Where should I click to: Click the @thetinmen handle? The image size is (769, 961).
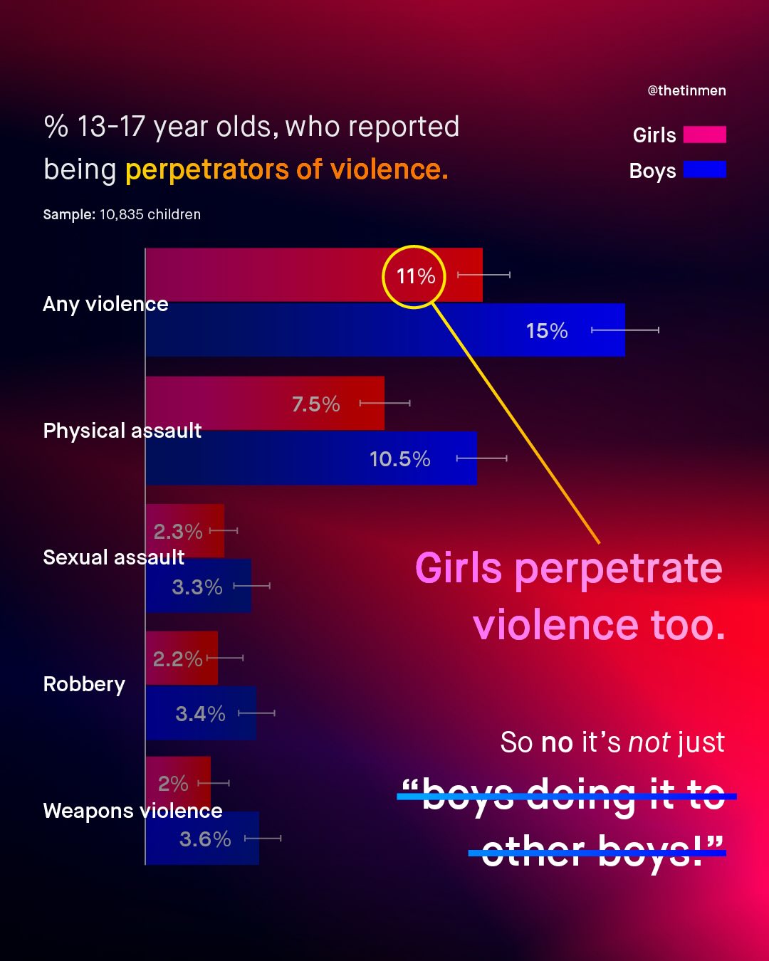click(686, 90)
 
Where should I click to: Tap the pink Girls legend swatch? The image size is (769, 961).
click(704, 135)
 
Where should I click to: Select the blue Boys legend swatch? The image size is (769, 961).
click(704, 169)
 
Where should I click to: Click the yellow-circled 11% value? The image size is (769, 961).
click(415, 276)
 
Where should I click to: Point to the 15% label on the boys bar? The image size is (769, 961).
click(546, 331)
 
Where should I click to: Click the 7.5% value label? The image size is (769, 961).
click(315, 404)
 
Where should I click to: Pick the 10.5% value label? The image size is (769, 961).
click(399, 459)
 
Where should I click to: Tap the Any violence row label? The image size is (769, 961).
click(105, 304)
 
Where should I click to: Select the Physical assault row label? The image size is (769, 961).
click(122, 431)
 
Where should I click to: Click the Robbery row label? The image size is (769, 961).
click(84, 684)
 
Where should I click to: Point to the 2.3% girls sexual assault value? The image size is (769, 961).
click(178, 532)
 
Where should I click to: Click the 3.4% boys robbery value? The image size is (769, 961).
click(200, 714)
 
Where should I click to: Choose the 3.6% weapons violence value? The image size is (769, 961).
click(205, 839)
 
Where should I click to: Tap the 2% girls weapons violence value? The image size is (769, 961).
click(173, 784)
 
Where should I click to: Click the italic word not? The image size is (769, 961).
click(649, 742)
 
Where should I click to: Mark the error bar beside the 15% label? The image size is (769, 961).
click(624, 330)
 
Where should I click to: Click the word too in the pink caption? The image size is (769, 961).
click(688, 625)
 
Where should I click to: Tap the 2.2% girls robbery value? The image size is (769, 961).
click(177, 659)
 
